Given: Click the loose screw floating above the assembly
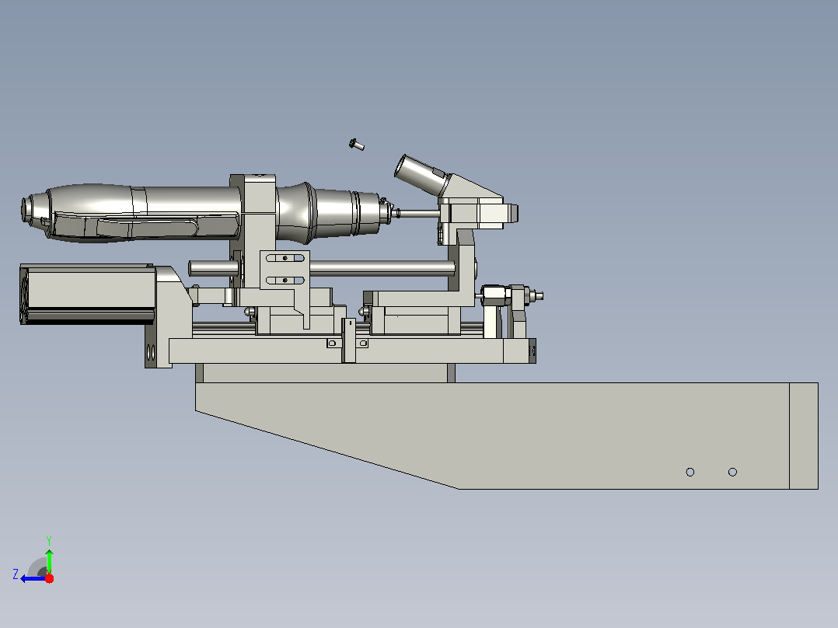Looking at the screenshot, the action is pos(357,145).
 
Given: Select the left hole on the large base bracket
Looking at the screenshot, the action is pos(690,472).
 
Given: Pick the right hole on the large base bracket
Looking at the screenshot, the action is pos(733,472).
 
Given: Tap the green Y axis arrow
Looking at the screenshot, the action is pos(49,560).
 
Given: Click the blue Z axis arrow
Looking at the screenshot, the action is pos(33,578).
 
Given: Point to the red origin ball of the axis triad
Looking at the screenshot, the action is pos(49,578).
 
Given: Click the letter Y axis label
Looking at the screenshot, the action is pos(49,540).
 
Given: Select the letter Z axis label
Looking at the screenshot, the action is pos(16,574).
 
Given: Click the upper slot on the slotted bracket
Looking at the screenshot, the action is pos(285,258).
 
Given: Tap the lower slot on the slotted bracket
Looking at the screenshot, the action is pos(285,280).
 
